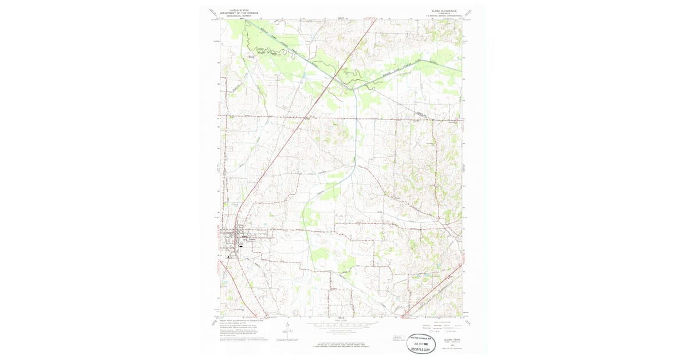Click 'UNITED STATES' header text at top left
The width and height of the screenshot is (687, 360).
[239, 10]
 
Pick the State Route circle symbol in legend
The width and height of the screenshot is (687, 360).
[451, 331]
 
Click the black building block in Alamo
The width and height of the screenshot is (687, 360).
[240, 246]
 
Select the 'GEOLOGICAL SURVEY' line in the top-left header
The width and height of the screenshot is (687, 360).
[239, 16]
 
